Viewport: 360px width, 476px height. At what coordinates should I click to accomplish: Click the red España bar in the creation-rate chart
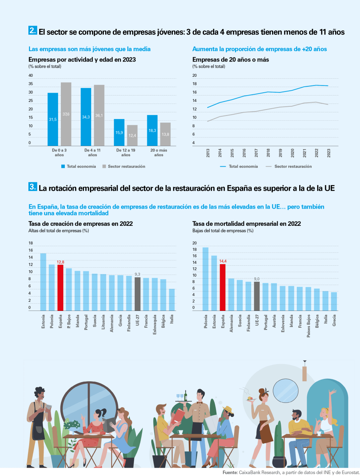tap(60, 287)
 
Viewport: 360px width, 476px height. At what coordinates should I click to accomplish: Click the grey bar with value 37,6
tap(66, 114)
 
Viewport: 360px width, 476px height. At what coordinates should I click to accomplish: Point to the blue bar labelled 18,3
tap(152, 131)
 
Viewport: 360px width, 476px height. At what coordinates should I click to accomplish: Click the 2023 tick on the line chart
tap(329, 153)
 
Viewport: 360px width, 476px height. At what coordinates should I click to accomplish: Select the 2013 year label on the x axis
tap(208, 153)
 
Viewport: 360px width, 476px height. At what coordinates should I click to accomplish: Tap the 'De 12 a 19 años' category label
tap(126, 152)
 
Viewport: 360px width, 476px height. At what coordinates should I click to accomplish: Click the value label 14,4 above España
tap(223, 261)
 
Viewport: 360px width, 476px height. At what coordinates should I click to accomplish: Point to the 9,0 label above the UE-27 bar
tap(257, 279)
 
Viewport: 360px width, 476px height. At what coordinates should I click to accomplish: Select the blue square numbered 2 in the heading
tap(33, 30)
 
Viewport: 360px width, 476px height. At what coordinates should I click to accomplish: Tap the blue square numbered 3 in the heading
tap(33, 187)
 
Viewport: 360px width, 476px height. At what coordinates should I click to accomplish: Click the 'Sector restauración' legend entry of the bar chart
tap(124, 166)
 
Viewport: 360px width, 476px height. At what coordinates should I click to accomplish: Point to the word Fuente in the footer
tap(230, 472)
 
